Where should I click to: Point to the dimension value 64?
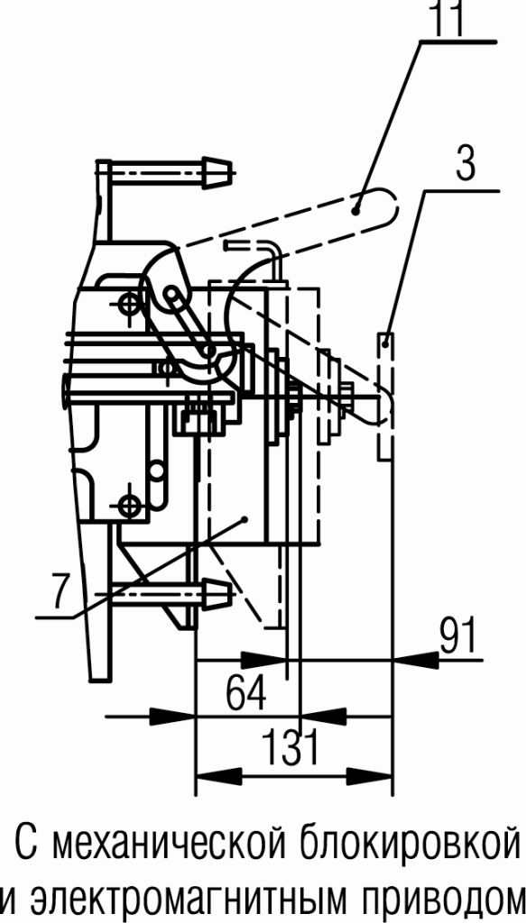pyautogui.click(x=246, y=693)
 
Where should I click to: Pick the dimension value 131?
pyautogui.click(x=290, y=747)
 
